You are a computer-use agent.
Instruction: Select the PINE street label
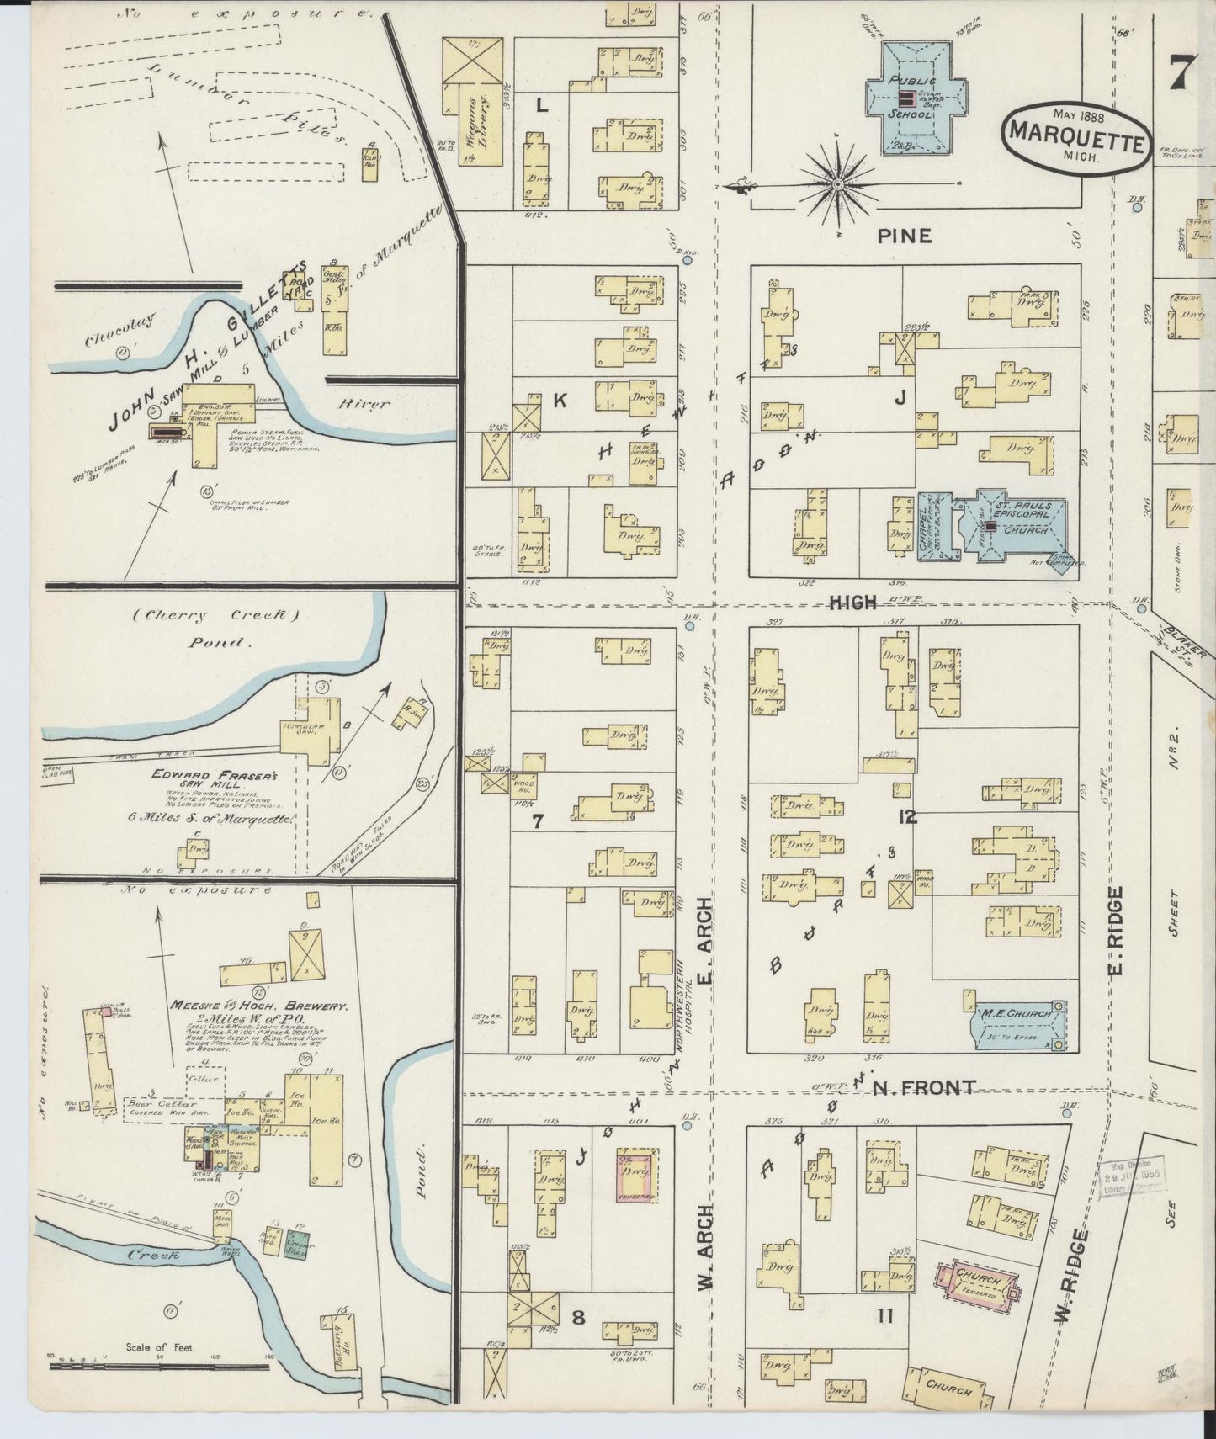pyautogui.click(x=905, y=236)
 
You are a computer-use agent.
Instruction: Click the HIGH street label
pyautogui.click(x=853, y=603)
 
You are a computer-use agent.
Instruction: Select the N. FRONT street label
pyautogui.click(x=923, y=1088)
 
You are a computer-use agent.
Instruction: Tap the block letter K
pyautogui.click(x=559, y=402)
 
